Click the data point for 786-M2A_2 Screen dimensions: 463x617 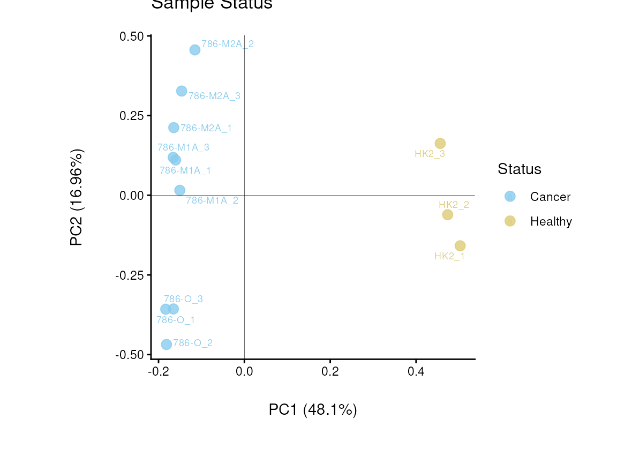point(195,50)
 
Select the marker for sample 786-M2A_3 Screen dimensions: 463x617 point(182,91)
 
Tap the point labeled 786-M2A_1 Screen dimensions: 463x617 point(174,128)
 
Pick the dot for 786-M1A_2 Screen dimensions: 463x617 point(180,190)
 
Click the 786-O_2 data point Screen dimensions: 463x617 point(167,344)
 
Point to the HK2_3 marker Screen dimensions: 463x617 point(440,143)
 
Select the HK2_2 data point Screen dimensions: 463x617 point(448,214)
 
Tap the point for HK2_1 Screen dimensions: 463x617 point(460,245)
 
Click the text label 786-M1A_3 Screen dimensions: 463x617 point(183,147)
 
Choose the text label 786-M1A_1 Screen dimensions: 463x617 point(185,170)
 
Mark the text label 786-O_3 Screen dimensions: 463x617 point(183,299)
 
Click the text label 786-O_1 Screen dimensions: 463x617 point(176,320)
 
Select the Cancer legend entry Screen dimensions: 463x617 point(550,197)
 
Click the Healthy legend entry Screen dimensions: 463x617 point(551,221)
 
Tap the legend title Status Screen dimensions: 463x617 point(520,169)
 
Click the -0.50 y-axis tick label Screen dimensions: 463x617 point(130,355)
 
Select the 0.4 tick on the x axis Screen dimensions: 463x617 point(416,371)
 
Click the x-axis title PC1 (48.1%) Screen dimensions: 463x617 point(313,410)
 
